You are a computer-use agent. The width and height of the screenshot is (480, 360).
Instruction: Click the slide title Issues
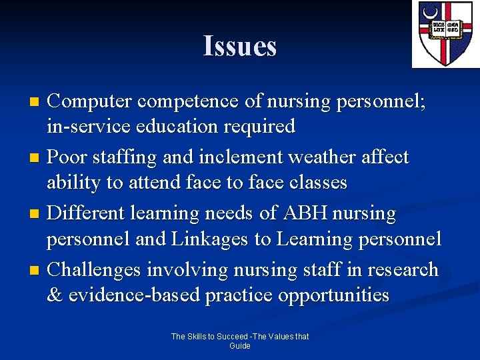tap(239, 46)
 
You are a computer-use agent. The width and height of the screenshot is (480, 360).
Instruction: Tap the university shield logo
tap(445, 34)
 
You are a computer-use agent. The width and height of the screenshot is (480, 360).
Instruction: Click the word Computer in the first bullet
tap(90, 101)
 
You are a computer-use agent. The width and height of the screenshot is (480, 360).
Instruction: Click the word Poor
tap(69, 157)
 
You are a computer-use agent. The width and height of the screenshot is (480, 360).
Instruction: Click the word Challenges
tap(95, 269)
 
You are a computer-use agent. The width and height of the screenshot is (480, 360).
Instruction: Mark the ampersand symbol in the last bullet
tap(53, 294)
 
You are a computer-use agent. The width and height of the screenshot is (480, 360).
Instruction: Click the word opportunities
tap(337, 294)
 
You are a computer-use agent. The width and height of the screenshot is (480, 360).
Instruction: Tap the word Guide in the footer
tap(239, 346)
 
